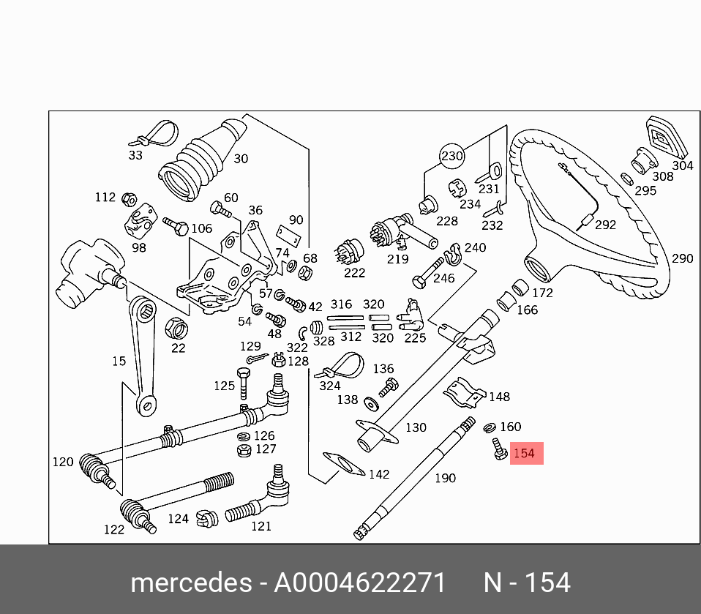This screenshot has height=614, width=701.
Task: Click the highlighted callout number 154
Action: click(x=525, y=454)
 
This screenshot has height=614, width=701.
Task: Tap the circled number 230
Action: click(x=452, y=157)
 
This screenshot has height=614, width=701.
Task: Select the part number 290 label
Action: click(x=682, y=258)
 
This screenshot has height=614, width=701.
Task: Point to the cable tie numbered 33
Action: click(x=155, y=135)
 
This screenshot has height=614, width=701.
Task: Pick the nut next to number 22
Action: click(x=176, y=324)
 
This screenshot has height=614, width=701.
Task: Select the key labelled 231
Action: click(x=490, y=173)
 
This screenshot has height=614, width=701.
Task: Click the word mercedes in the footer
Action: click(x=190, y=583)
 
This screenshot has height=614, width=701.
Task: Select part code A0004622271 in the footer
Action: click(x=359, y=583)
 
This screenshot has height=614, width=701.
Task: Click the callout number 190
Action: click(x=445, y=478)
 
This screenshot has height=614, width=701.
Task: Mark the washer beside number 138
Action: click(x=366, y=402)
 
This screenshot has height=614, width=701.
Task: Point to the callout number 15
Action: click(x=119, y=361)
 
